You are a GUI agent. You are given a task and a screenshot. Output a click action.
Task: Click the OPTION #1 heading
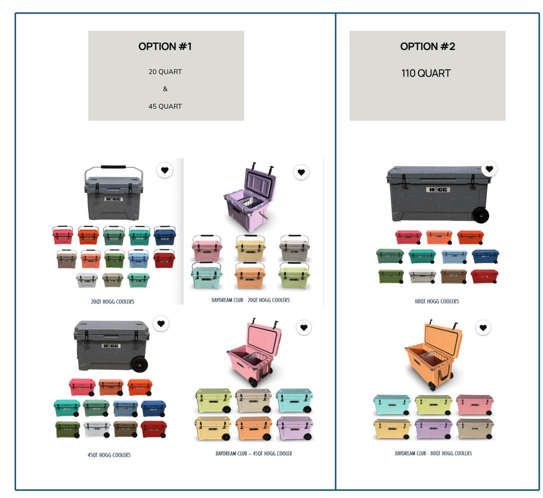point(165,47)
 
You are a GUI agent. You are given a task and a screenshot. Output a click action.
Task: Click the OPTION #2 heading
point(427,47)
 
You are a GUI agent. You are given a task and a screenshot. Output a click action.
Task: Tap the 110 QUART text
point(426,73)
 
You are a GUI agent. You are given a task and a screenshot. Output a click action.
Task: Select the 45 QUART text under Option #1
point(165,106)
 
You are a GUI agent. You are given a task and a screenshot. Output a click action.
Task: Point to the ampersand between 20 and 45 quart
point(165,89)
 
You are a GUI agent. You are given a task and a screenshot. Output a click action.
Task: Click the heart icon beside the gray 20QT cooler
point(165,170)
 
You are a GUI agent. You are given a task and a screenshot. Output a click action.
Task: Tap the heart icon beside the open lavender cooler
point(301,172)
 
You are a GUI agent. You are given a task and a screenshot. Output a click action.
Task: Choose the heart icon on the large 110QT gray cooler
point(489,169)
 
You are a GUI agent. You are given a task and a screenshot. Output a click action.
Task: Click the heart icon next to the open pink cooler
point(304,328)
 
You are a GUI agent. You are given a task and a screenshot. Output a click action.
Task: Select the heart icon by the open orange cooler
point(483,328)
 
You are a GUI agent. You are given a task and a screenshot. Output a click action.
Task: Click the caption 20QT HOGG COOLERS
point(113,301)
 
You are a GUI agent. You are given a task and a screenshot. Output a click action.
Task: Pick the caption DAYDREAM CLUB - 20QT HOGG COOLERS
point(250,300)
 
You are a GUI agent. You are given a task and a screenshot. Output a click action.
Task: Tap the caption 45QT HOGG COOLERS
point(109,455)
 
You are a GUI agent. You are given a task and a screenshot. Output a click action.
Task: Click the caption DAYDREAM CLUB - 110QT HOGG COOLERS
point(433,453)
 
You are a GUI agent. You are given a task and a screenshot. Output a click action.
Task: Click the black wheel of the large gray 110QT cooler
point(481,215)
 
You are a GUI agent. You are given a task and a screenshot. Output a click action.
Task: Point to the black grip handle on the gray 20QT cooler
point(113,167)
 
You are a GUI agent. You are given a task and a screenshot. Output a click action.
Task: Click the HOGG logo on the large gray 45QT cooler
point(111,346)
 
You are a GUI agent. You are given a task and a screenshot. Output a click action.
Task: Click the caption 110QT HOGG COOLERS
point(437,301)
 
